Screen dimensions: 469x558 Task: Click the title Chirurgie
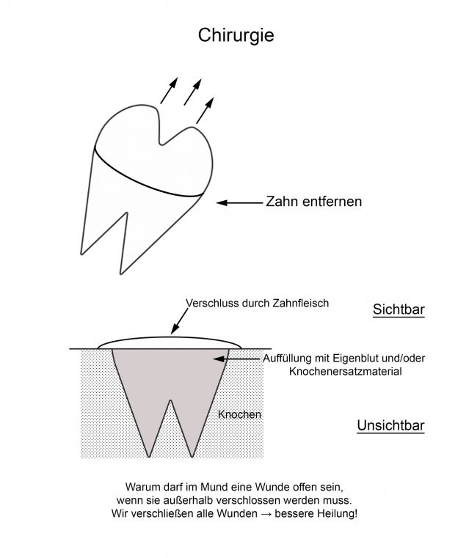click(x=236, y=36)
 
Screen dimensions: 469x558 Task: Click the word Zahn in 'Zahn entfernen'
click(x=282, y=202)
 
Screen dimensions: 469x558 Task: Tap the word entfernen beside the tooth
click(x=332, y=202)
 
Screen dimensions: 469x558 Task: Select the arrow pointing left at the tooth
click(x=239, y=203)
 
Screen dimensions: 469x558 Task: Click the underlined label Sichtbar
click(x=399, y=309)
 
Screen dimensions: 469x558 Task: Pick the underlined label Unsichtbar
click(x=390, y=425)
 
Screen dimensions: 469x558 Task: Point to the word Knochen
click(x=239, y=414)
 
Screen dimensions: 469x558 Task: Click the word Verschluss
click(x=212, y=304)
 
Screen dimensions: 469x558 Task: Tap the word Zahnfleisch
click(x=301, y=304)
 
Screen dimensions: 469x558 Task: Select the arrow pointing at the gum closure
click(x=180, y=321)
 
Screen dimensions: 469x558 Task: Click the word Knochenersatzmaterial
click(x=346, y=372)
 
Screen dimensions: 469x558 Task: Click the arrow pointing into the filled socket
click(x=237, y=359)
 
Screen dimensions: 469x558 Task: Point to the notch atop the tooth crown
click(x=161, y=143)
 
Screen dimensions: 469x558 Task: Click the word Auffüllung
click(x=286, y=359)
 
